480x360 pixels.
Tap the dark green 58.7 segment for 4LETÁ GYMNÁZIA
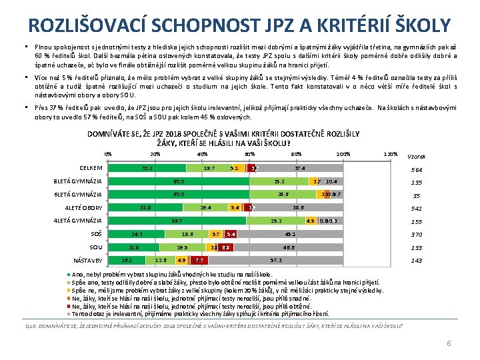(x=177, y=221)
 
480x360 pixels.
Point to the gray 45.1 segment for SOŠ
(x=291, y=234)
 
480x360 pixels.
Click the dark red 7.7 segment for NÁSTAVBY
(x=201, y=260)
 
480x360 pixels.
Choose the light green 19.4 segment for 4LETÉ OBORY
(x=206, y=207)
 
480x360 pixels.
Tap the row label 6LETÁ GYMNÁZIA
(x=77, y=195)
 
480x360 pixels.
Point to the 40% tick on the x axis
(x=203, y=154)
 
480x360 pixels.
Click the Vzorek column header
(x=417, y=157)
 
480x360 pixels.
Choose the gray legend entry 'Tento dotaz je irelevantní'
(x=200, y=313)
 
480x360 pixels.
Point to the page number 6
(x=449, y=343)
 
